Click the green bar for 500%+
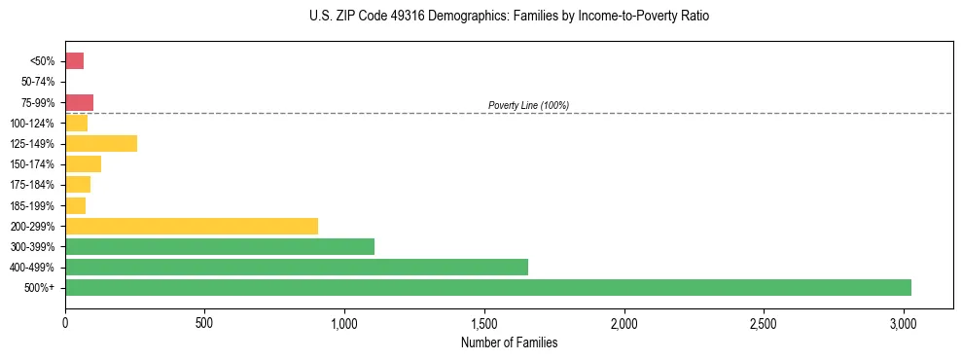pyautogui.click(x=487, y=287)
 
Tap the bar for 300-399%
pyautogui.click(x=220, y=246)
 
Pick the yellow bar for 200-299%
pyautogui.click(x=192, y=226)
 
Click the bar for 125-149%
pyautogui.click(x=101, y=144)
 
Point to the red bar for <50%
pyautogui.click(x=74, y=61)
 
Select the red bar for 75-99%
pyautogui.click(x=79, y=102)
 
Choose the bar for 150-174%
pyautogui.click(x=83, y=164)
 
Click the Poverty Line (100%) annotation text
pyautogui.click(x=528, y=105)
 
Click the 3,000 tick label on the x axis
pyautogui.click(x=904, y=323)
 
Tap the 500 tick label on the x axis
pyautogui.click(x=204, y=323)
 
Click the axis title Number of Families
pyautogui.click(x=509, y=342)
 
